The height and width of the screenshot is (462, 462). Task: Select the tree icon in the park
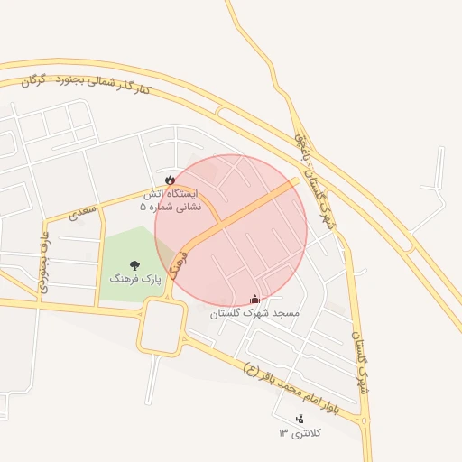pyautogui.click(x=134, y=265)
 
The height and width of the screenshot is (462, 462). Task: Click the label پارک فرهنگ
pyautogui.click(x=134, y=280)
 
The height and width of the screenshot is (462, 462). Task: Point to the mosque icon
pyautogui.click(x=254, y=299)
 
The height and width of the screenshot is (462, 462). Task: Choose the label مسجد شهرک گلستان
pyautogui.click(x=254, y=313)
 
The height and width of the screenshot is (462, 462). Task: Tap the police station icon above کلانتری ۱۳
pyautogui.click(x=300, y=418)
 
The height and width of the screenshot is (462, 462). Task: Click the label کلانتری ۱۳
pyautogui.click(x=300, y=432)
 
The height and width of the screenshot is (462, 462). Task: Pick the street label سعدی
pyautogui.click(x=81, y=213)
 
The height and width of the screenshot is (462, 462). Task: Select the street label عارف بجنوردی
pyautogui.click(x=42, y=262)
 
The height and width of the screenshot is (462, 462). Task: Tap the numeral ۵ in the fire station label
pyautogui.click(x=143, y=207)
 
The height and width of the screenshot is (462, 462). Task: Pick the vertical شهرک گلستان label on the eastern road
pyautogui.click(x=358, y=357)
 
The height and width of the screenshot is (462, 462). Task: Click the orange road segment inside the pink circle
pyautogui.click(x=244, y=212)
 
